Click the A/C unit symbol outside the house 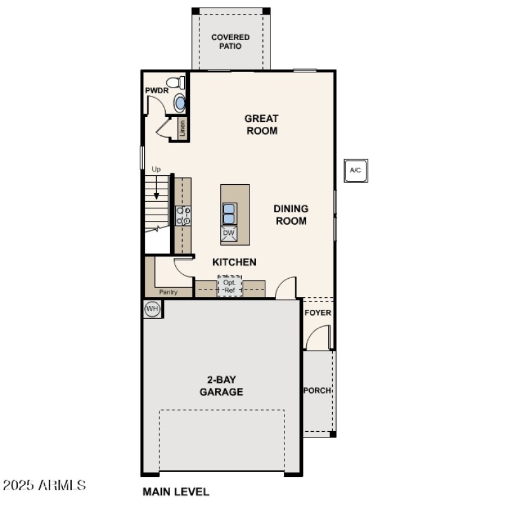coord(356,170)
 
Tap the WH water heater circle coord(152,309)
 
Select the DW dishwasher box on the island coord(229,234)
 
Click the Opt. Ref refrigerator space coord(230,286)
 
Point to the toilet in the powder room coord(176,83)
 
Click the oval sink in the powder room coord(180,103)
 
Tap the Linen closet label coord(183,128)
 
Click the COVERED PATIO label coord(231,41)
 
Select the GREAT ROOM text coord(262,124)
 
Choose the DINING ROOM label coord(291,215)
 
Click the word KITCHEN coord(234,262)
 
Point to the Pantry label coord(168,292)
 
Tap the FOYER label coord(317,312)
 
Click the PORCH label coord(317,390)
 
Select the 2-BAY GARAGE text coord(221,385)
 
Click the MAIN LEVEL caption coord(176,491)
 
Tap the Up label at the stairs coord(156,169)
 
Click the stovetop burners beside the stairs coord(183,216)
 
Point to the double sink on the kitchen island coord(229,213)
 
